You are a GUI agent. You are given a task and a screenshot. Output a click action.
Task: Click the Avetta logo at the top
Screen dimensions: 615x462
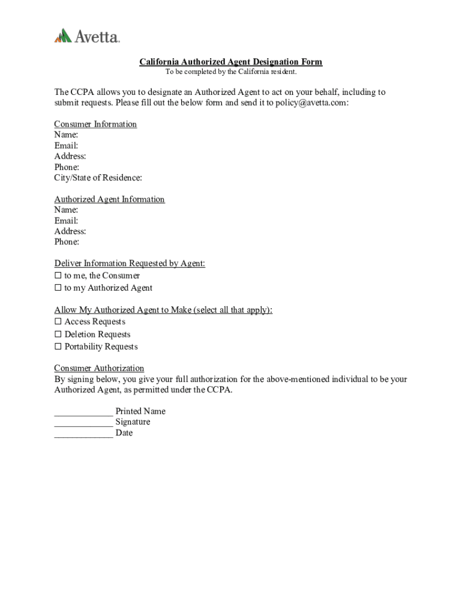point(87,36)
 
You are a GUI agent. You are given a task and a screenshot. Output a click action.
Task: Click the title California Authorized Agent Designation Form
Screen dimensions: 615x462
point(231,62)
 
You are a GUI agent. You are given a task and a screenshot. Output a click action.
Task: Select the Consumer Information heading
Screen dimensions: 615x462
point(95,124)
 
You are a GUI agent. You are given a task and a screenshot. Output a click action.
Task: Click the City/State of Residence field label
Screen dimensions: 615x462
point(98,178)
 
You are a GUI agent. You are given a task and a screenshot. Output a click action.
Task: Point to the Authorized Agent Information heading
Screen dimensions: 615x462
point(109,199)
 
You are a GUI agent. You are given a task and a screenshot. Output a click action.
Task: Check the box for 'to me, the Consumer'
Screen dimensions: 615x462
point(58,276)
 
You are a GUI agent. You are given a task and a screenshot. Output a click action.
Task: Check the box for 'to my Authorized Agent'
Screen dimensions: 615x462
point(58,288)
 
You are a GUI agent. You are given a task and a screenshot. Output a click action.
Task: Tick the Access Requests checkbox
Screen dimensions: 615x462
point(58,322)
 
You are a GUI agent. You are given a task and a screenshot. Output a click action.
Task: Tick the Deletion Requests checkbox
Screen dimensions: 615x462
point(58,335)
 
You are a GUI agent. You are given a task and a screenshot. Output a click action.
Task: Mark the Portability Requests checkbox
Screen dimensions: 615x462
point(58,347)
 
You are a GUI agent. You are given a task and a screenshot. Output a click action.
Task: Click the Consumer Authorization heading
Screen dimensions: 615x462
point(99,368)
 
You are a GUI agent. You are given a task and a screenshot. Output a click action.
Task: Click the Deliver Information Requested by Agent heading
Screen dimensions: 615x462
point(130,264)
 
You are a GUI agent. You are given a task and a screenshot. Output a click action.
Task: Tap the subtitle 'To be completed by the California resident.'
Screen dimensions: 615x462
point(231,72)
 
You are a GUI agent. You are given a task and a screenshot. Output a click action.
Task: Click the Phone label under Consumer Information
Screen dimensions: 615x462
point(67,167)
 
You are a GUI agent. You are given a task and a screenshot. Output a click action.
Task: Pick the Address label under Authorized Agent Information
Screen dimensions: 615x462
point(70,231)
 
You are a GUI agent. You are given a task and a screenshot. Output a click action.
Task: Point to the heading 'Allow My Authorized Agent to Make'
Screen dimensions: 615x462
point(163,310)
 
